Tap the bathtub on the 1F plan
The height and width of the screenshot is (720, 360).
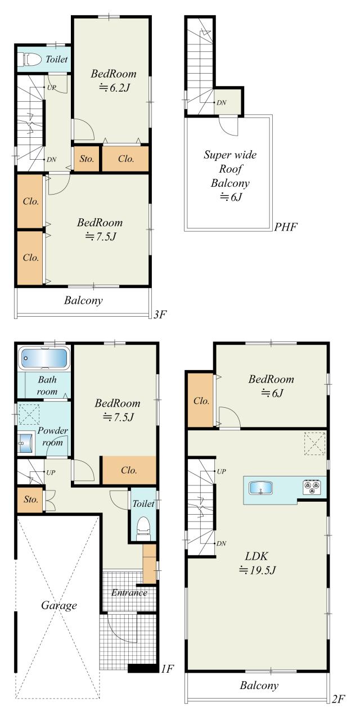(x=44, y=358)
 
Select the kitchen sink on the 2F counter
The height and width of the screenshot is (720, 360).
(x=260, y=488)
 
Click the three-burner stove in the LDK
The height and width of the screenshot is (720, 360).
(x=312, y=487)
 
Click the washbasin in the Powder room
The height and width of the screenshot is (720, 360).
(x=25, y=443)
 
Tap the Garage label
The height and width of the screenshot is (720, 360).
(x=59, y=606)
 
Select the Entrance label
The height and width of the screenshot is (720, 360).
(x=129, y=592)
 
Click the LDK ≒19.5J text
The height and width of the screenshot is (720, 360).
(x=257, y=562)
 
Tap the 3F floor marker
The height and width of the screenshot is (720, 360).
(x=160, y=314)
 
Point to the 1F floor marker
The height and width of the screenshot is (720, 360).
(x=167, y=669)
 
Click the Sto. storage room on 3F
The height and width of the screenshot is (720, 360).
(x=87, y=159)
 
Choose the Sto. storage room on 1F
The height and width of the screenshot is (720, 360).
(x=30, y=499)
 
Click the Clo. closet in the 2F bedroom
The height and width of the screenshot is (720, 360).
(x=201, y=400)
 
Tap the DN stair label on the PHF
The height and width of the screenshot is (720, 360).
(x=222, y=102)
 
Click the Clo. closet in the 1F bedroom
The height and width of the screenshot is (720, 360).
(x=129, y=470)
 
